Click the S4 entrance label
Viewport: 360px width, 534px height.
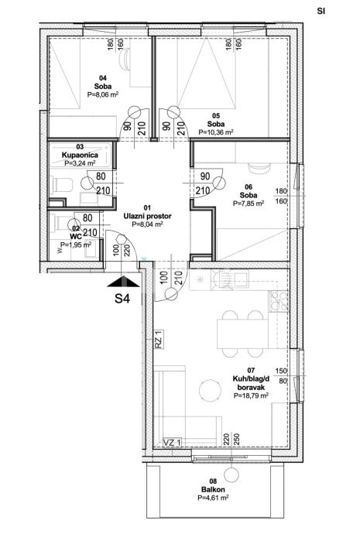tap(122, 299)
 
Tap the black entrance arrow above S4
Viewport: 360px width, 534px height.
tap(123, 282)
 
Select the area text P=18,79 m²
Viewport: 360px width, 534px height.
tap(251, 395)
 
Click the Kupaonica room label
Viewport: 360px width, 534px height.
tap(80, 155)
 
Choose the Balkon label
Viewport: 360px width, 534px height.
tap(213, 490)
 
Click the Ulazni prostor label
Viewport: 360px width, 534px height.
tap(147, 216)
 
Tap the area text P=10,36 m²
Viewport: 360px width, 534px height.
tap(216, 132)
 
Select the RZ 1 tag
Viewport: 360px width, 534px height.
tap(159, 339)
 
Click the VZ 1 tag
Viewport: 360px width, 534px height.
tap(172, 443)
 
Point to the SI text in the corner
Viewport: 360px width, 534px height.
tap(321, 11)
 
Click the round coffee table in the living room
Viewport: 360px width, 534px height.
tap(210, 392)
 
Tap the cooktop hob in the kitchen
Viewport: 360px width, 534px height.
tap(279, 301)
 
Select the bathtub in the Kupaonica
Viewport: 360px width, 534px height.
tap(81, 155)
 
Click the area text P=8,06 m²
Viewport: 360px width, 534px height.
tap(103, 95)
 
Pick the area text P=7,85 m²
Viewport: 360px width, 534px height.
tap(249, 204)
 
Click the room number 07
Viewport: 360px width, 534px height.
tap(251, 370)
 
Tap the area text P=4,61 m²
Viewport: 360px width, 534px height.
tap(213, 498)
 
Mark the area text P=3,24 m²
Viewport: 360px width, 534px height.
tap(80, 163)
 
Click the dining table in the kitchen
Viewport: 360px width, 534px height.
tap(242, 334)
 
